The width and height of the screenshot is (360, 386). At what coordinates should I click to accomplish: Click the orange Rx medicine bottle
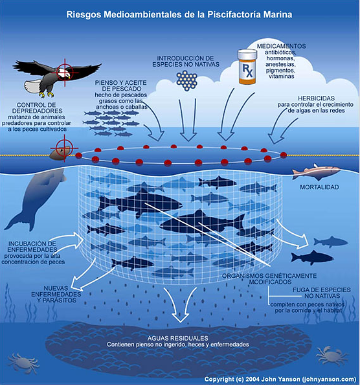[247, 67]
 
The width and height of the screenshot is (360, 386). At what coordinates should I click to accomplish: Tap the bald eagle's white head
[65, 73]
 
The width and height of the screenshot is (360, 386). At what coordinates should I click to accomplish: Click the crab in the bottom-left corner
[23, 363]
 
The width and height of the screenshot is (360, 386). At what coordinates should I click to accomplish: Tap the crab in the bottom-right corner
[332, 356]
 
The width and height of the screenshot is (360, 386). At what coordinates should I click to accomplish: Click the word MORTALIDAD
[319, 187]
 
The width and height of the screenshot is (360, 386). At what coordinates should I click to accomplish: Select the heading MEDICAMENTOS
[281, 46]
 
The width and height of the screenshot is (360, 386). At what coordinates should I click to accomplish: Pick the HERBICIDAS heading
[316, 98]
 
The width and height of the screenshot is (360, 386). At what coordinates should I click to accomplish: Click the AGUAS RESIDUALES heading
[178, 338]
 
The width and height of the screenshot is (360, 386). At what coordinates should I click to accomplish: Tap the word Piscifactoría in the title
[234, 14]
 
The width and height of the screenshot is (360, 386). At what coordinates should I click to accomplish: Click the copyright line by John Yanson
[280, 379]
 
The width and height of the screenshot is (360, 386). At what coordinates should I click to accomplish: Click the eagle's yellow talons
[47, 94]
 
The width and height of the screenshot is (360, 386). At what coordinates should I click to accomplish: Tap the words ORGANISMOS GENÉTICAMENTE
[269, 276]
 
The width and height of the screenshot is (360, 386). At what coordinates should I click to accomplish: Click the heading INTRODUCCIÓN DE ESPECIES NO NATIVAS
[186, 62]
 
